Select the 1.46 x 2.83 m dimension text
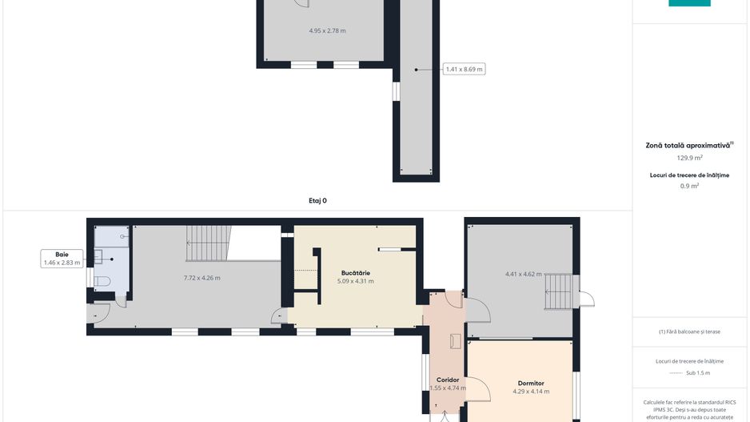tap(62, 262)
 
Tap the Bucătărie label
tap(355, 273)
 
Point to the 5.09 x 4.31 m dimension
tap(355, 281)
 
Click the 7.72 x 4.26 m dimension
tap(202, 278)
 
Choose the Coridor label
tap(448, 380)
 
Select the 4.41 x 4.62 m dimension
tap(524, 274)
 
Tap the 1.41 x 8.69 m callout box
tap(464, 70)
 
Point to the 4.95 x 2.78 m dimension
tap(327, 30)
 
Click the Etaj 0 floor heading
tap(317, 201)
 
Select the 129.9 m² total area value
tap(689, 158)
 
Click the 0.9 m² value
tap(689, 186)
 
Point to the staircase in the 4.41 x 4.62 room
tap(559, 291)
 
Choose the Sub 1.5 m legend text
tap(697, 373)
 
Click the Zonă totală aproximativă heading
tap(688, 146)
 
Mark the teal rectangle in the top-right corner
tap(689, 3)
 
